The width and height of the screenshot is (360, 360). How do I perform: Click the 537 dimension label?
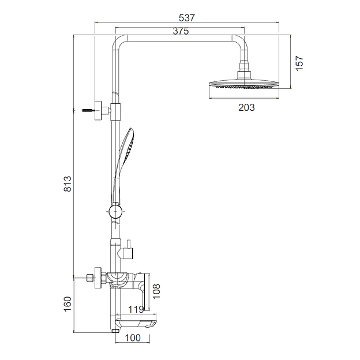(187, 18)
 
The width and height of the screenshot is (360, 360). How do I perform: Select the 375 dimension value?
(181, 31)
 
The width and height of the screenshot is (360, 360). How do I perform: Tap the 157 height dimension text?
(299, 63)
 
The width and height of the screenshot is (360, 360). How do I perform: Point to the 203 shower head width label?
(246, 107)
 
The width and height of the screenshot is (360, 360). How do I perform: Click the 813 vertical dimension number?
(67, 183)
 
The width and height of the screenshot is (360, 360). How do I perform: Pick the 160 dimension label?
(67, 304)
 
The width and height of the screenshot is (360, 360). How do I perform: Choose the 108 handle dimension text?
(156, 291)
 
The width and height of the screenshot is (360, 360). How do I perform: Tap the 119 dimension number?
(136, 309)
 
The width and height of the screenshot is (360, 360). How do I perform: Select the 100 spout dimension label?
(133, 337)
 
